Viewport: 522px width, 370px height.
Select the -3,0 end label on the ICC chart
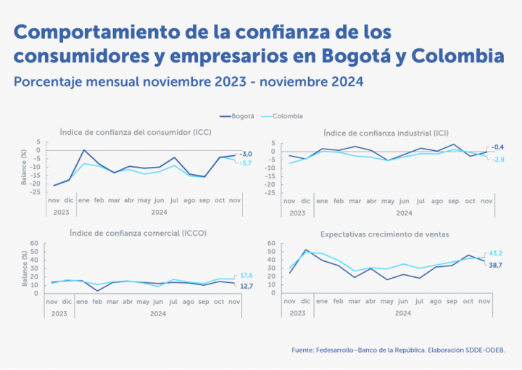pos(246,154)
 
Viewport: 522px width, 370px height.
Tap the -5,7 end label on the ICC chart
pos(246,163)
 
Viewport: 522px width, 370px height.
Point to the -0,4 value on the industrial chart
pos(497,147)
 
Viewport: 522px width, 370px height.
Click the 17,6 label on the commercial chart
pos(246,275)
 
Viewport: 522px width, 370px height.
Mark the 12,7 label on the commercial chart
pos(246,286)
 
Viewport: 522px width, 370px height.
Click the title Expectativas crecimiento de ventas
pos(384,234)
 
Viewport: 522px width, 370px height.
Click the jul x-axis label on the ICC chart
pos(174,199)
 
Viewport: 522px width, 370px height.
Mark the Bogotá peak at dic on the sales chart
pos(306,250)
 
